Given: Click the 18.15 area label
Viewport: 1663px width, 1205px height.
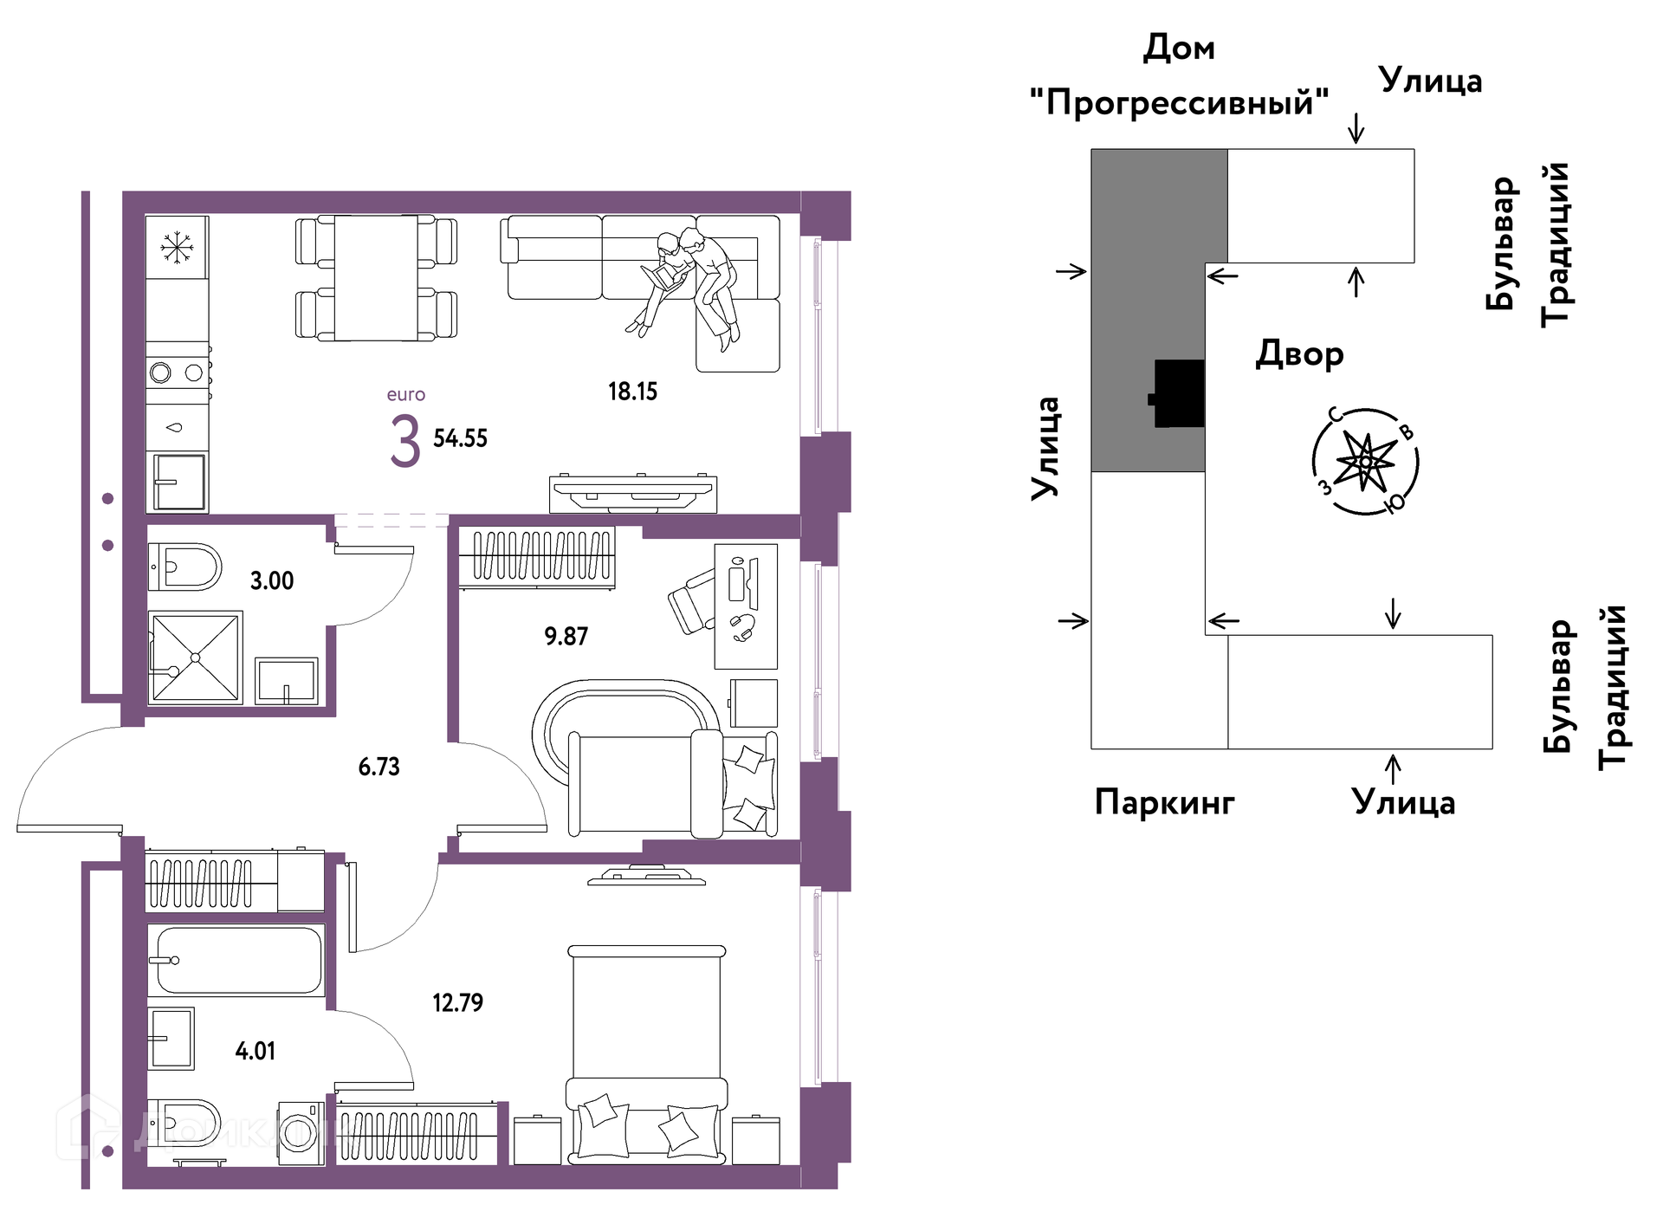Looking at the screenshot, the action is pos(632,392).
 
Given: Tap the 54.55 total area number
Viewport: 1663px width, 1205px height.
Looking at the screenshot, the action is pos(460,438).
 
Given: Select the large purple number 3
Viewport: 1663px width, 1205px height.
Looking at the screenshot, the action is pos(405,442).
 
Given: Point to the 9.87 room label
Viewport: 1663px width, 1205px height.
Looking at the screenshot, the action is pos(566,637).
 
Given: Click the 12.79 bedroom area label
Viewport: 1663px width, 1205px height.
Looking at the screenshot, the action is pos(457,1003).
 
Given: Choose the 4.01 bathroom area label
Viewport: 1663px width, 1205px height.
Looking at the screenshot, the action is pos(256,1052).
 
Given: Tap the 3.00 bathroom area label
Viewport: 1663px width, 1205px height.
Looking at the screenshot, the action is pos(272,580).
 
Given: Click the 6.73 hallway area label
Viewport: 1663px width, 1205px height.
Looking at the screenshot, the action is pos(379,767).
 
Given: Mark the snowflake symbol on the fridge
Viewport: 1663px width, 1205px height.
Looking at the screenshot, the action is pos(177,247).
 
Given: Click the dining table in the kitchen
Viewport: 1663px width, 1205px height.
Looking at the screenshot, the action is pos(376,278).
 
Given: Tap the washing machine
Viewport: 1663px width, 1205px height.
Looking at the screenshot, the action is pos(301,1133).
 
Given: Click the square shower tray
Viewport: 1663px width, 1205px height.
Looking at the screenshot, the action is pos(195,658).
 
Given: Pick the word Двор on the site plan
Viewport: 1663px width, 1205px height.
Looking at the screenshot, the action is pos(1299,354).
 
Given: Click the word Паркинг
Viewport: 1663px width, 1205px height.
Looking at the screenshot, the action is pos(1164,803).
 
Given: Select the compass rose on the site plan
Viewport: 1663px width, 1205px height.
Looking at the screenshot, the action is pos(1365,461).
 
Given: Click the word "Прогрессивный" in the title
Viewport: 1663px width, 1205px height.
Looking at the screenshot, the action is pos(1179,102).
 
